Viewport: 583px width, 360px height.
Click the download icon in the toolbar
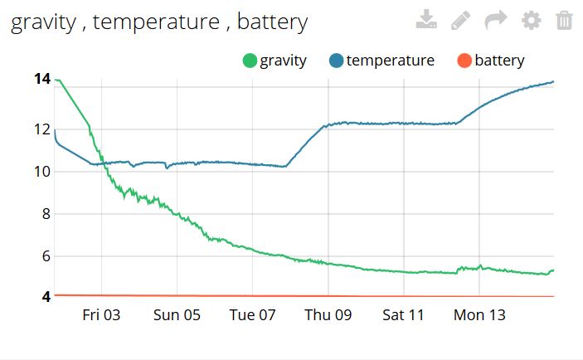425,20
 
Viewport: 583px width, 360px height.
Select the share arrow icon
496,20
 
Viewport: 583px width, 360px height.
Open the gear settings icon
531,20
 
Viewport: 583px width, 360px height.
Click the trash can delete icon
564,20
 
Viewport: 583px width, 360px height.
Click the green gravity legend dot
249,61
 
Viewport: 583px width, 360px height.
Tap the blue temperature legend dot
336,61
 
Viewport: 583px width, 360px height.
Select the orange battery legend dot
464,61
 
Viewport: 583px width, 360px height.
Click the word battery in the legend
499,61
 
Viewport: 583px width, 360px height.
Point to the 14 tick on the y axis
41,80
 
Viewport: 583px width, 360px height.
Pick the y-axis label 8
46,214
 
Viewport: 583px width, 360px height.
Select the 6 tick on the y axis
46,256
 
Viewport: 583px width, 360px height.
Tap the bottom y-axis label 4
46,296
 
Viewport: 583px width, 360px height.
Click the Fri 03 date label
101,315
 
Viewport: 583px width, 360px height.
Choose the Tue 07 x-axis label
252,315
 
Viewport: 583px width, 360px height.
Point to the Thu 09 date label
328,315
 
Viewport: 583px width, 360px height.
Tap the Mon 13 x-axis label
479,315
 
